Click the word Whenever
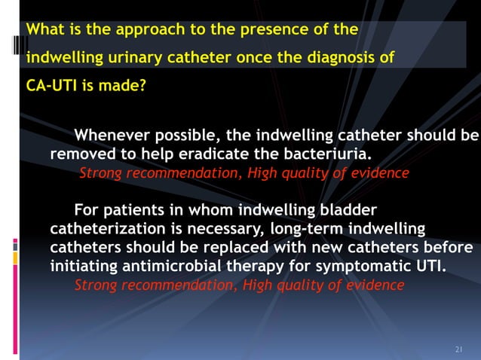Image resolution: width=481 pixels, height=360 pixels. tap(111, 136)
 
